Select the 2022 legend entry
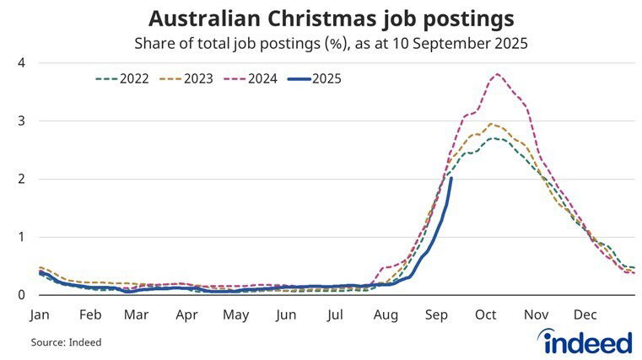[121, 79]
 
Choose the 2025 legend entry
[313, 79]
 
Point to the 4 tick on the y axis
[21, 63]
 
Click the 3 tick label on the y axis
[21, 121]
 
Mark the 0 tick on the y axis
[21, 295]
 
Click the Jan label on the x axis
[40, 315]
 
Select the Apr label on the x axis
[186, 315]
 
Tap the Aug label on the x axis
[386, 315]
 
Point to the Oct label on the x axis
[485, 315]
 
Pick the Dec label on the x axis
[585, 315]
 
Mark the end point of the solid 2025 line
[451, 179]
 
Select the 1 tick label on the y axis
[21, 237]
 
